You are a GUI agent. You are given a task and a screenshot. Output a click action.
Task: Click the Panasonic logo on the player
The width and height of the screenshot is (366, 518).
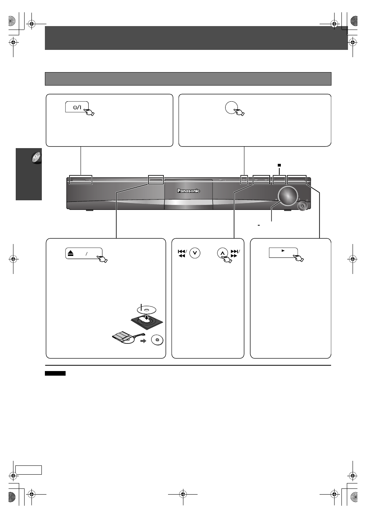(188, 191)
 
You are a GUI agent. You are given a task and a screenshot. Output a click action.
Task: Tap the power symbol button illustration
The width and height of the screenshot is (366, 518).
(77, 107)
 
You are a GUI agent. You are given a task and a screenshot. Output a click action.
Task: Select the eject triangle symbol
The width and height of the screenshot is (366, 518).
(71, 254)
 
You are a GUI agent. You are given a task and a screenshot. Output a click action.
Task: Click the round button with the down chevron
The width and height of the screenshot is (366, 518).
(195, 253)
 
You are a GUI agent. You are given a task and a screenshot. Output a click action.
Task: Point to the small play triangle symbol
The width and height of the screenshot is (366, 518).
(283, 251)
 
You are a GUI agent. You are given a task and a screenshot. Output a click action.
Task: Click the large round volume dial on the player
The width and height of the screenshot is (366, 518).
(288, 196)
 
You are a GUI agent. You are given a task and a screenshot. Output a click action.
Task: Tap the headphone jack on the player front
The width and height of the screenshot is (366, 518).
(302, 206)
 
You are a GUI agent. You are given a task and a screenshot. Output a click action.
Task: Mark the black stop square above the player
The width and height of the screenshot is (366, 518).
(279, 165)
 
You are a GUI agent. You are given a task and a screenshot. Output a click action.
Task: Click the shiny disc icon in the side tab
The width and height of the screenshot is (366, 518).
(36, 158)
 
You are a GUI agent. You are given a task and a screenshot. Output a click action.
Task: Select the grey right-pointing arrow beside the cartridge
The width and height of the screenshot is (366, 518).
(143, 341)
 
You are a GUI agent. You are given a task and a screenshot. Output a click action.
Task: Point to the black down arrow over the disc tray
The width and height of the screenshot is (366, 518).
(147, 317)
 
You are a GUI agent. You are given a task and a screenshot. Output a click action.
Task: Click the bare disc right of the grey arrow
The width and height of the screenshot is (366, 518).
(157, 340)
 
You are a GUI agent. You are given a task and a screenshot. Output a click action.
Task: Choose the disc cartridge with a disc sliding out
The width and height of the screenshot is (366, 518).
(128, 338)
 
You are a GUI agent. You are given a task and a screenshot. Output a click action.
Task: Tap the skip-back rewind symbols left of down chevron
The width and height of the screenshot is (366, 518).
(182, 254)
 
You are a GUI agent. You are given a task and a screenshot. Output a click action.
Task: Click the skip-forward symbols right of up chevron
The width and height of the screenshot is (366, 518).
(235, 254)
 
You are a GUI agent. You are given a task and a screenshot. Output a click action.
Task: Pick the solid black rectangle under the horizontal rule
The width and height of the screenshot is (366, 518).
(55, 373)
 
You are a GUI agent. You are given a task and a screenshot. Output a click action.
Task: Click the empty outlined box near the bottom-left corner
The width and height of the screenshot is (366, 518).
(29, 470)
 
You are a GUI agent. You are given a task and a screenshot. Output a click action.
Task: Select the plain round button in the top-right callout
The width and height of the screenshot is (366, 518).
(231, 107)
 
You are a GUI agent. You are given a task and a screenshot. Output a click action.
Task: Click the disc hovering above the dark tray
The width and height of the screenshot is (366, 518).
(147, 310)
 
